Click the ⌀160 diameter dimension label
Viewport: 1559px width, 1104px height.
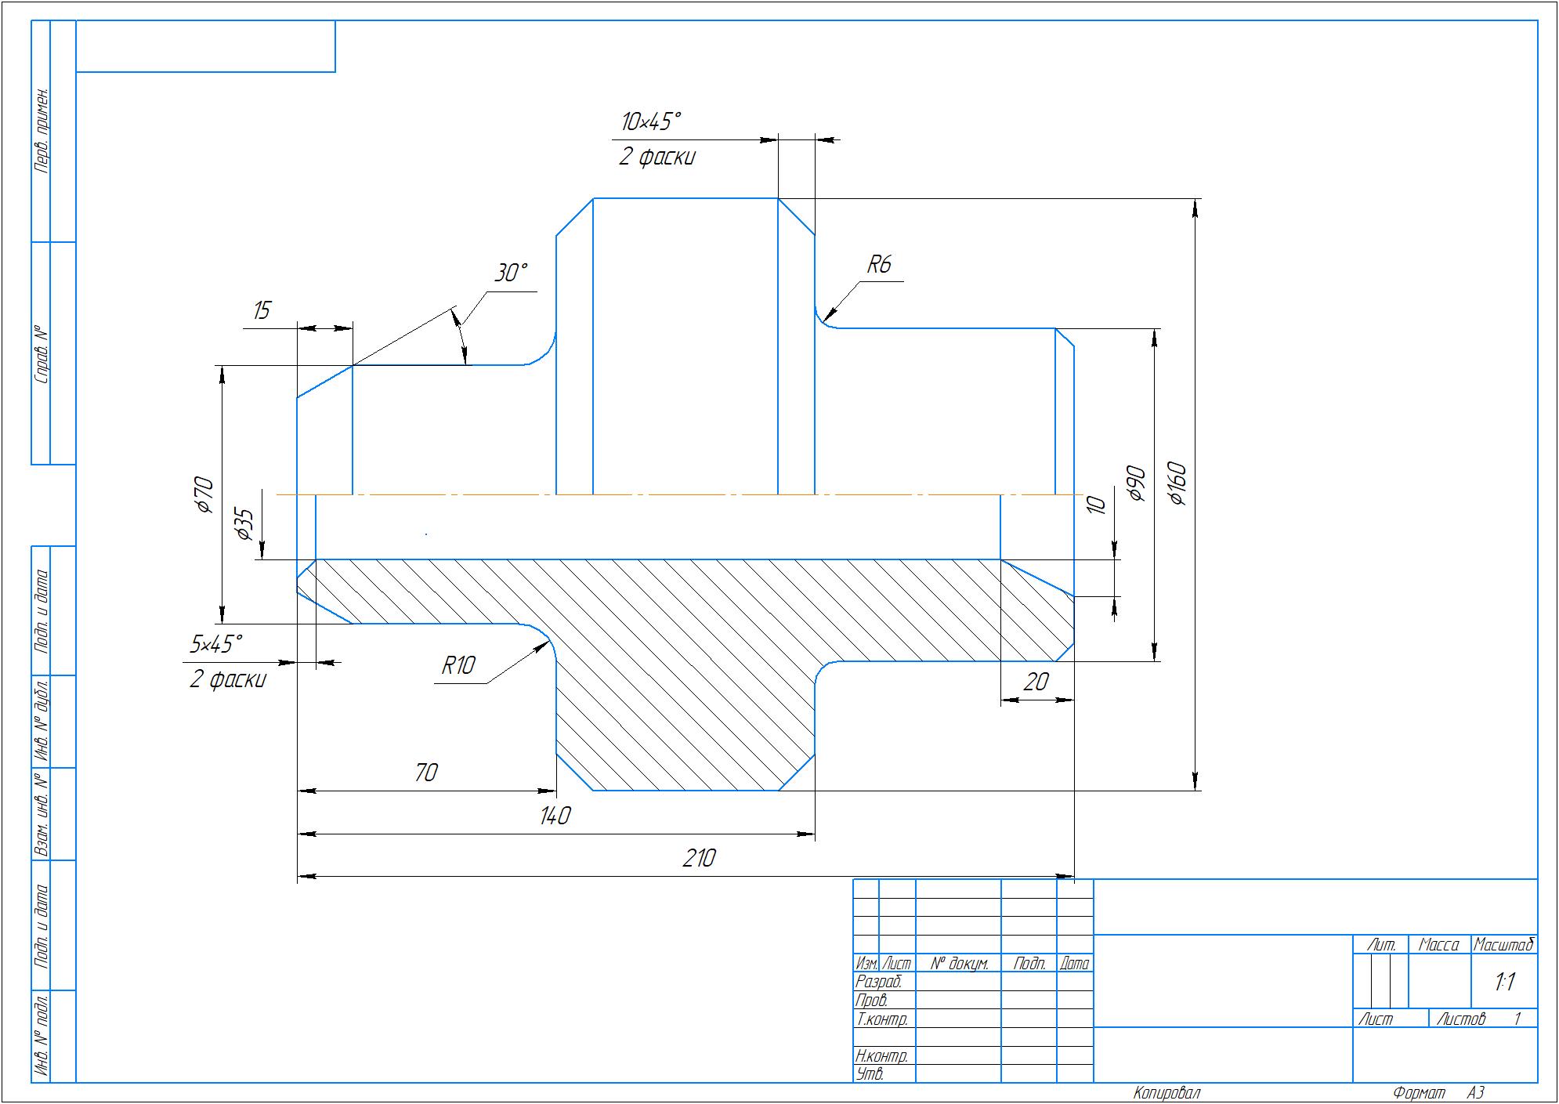1177,484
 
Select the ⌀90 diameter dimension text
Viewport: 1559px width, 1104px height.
1137,484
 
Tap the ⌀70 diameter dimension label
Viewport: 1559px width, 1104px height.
203,494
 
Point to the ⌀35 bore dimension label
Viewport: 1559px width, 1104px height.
244,524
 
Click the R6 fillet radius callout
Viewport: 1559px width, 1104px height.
879,265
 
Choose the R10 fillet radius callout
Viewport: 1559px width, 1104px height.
458,666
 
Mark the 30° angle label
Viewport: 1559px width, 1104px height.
511,273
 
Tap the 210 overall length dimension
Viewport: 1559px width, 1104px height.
699,859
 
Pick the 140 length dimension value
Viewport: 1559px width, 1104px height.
555,816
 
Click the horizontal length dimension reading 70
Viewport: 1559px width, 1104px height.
425,773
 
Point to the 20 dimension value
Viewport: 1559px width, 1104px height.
1036,682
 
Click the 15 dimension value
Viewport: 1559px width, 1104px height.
262,310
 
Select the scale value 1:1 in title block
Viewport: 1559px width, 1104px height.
1504,982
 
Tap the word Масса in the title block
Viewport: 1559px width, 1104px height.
1439,945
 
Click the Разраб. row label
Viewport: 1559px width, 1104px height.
879,982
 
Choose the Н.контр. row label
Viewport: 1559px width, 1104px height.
882,1056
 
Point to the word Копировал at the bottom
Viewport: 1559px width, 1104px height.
1167,1093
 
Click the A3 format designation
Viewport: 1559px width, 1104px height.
1476,1093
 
